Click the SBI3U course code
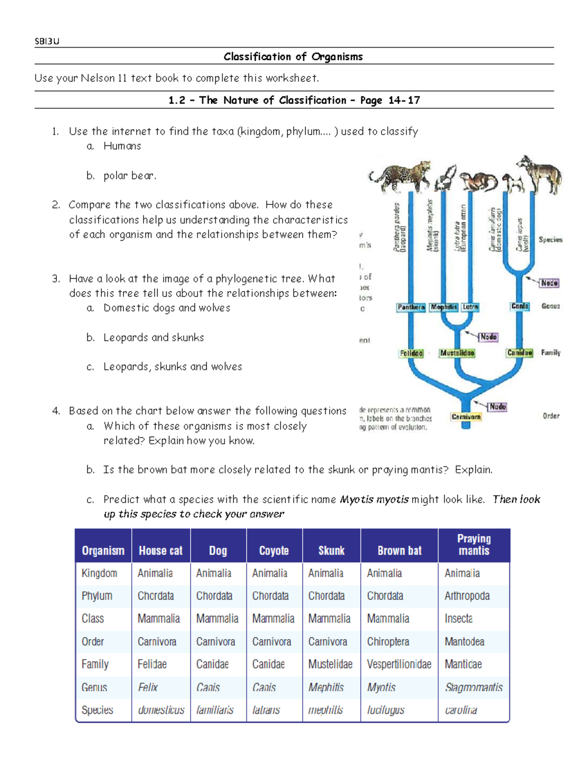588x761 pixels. coord(47,42)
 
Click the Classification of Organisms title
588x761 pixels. coord(293,57)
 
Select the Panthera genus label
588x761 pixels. coord(411,307)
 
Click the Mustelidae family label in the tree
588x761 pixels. coord(457,353)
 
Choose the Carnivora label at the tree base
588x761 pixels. coord(466,417)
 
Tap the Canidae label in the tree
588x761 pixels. coord(519,353)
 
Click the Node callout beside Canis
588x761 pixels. coord(549,283)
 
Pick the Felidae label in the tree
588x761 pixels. coord(411,353)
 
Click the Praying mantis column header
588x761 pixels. coord(473,544)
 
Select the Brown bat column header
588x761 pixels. coord(399,551)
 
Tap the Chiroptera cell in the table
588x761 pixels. coord(388,641)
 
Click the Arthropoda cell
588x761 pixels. coord(467,596)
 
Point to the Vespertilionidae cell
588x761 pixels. coord(399,664)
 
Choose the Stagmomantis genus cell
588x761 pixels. coord(473,687)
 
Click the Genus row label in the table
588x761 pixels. coord(94,687)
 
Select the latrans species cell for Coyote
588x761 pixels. coord(266,710)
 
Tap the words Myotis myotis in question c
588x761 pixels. coord(374,499)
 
